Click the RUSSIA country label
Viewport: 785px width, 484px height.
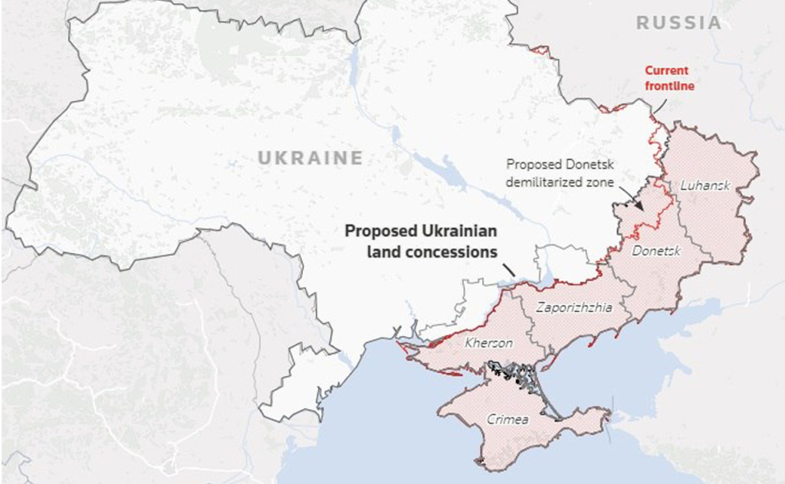tap(679, 23)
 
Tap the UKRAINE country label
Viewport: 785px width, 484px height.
tap(310, 159)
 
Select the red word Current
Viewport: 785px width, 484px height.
tap(666, 70)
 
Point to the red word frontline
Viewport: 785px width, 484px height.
tap(668, 86)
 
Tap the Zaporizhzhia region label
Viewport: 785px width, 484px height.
tap(574, 308)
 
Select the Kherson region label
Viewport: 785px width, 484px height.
tap(488, 342)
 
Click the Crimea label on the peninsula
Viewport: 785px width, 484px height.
tap(508, 419)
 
